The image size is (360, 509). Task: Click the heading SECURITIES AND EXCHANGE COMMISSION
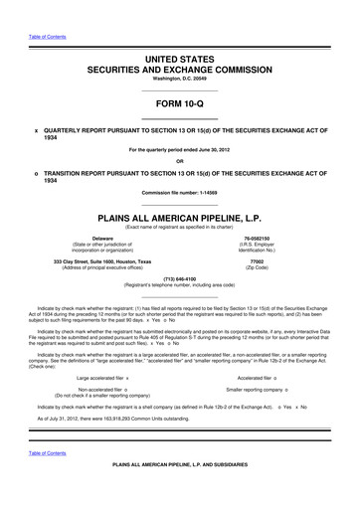tap(179, 72)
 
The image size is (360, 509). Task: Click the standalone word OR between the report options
tap(179, 161)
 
